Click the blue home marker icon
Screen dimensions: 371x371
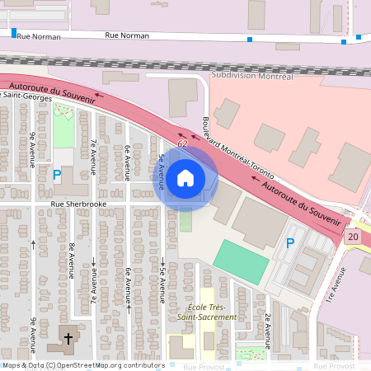tap(185, 177)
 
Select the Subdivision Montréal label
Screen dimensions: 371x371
tap(252, 76)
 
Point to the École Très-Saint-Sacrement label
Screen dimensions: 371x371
tap(207, 312)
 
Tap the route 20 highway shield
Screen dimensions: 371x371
tap(354, 237)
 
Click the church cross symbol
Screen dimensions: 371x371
tap(65, 338)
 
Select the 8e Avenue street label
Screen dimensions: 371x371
tap(73, 258)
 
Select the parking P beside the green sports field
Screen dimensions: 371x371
tap(289, 243)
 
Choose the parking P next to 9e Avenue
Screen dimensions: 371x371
tap(57, 175)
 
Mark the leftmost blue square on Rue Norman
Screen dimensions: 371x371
tap(14, 32)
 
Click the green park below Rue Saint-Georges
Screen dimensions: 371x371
tap(63, 125)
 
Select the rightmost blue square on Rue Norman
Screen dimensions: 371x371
tap(359, 36)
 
